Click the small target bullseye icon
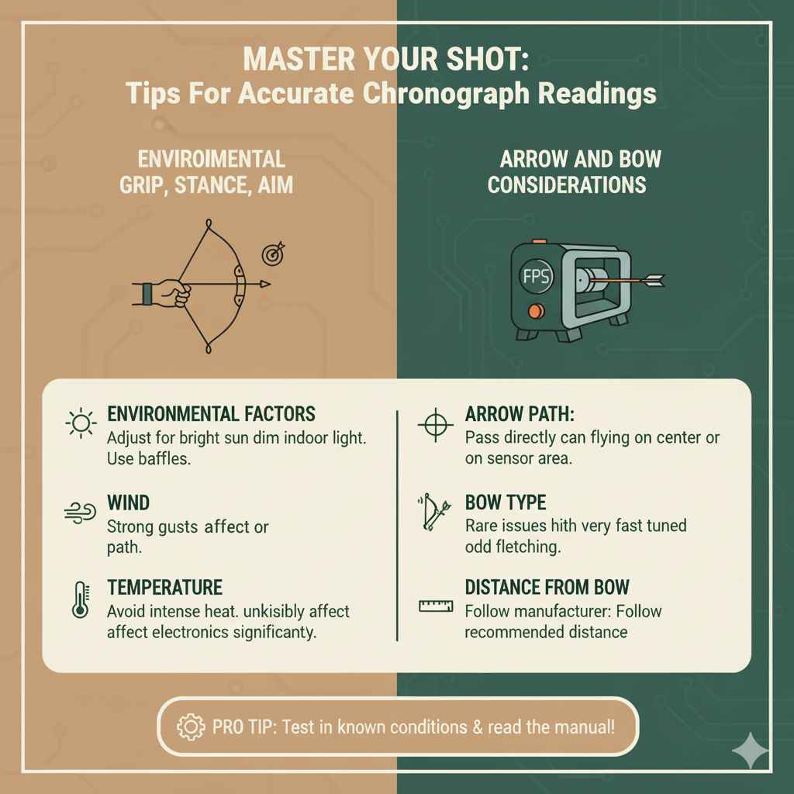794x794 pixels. (x=273, y=254)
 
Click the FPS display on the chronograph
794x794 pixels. (x=533, y=276)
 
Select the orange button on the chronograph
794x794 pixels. (x=532, y=311)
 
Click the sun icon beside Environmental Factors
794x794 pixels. (x=80, y=423)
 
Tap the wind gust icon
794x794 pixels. (x=80, y=511)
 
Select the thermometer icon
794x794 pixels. (x=79, y=599)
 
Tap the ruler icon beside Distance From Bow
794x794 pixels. (x=435, y=606)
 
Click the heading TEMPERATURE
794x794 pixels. (x=164, y=586)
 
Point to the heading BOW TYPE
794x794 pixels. (x=506, y=502)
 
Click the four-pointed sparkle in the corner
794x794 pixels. (x=750, y=750)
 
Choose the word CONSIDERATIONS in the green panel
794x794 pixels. (x=567, y=186)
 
